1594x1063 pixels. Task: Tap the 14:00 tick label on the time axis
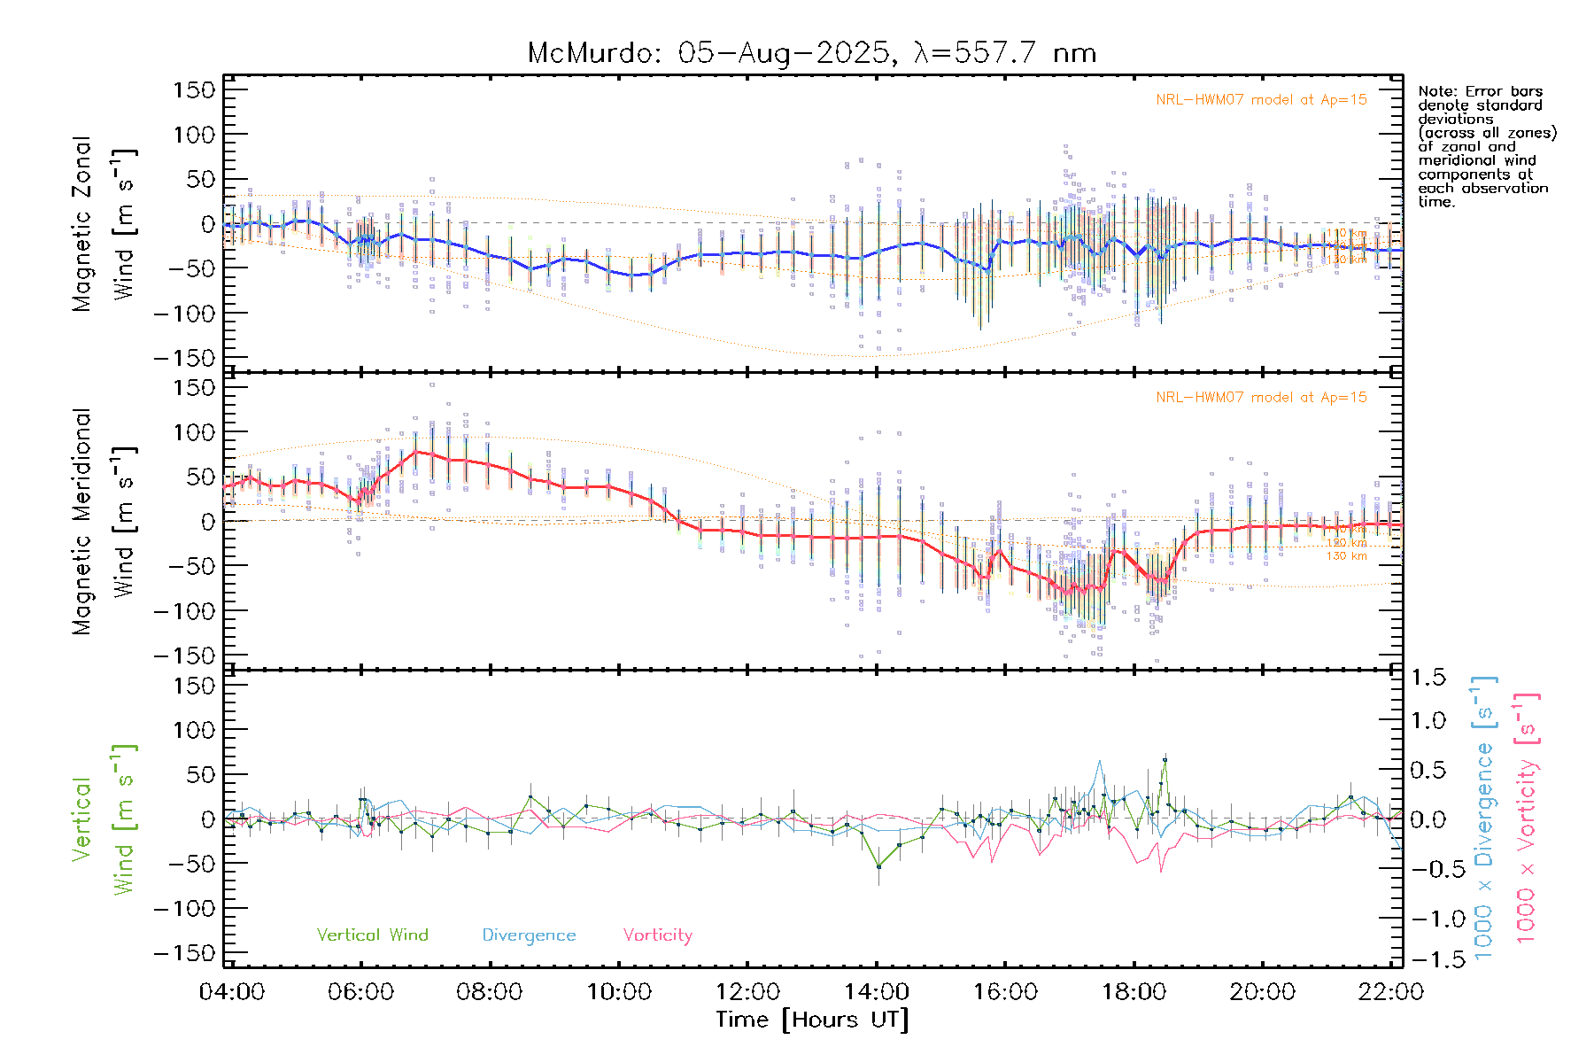point(876,991)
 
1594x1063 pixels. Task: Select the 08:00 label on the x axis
point(489,991)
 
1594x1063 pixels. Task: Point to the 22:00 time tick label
point(1390,991)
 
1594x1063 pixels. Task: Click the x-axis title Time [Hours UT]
point(812,1020)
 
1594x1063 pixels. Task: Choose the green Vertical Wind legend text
point(372,935)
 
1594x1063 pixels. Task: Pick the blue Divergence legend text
point(529,935)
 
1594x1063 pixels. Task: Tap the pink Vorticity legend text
point(657,935)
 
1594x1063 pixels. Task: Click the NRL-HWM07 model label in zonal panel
point(1261,99)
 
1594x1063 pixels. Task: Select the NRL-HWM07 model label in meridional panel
point(1261,397)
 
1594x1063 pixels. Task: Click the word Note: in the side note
point(1437,91)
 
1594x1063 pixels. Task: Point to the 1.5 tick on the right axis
point(1428,677)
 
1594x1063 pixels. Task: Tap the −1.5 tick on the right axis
point(1425,959)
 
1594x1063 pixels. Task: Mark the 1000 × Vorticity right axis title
point(1527,819)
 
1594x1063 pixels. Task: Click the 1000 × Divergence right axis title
point(1484,819)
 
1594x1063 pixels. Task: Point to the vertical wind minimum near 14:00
point(878,866)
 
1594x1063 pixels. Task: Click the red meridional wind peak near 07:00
point(416,452)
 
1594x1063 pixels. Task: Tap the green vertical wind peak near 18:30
point(1165,759)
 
